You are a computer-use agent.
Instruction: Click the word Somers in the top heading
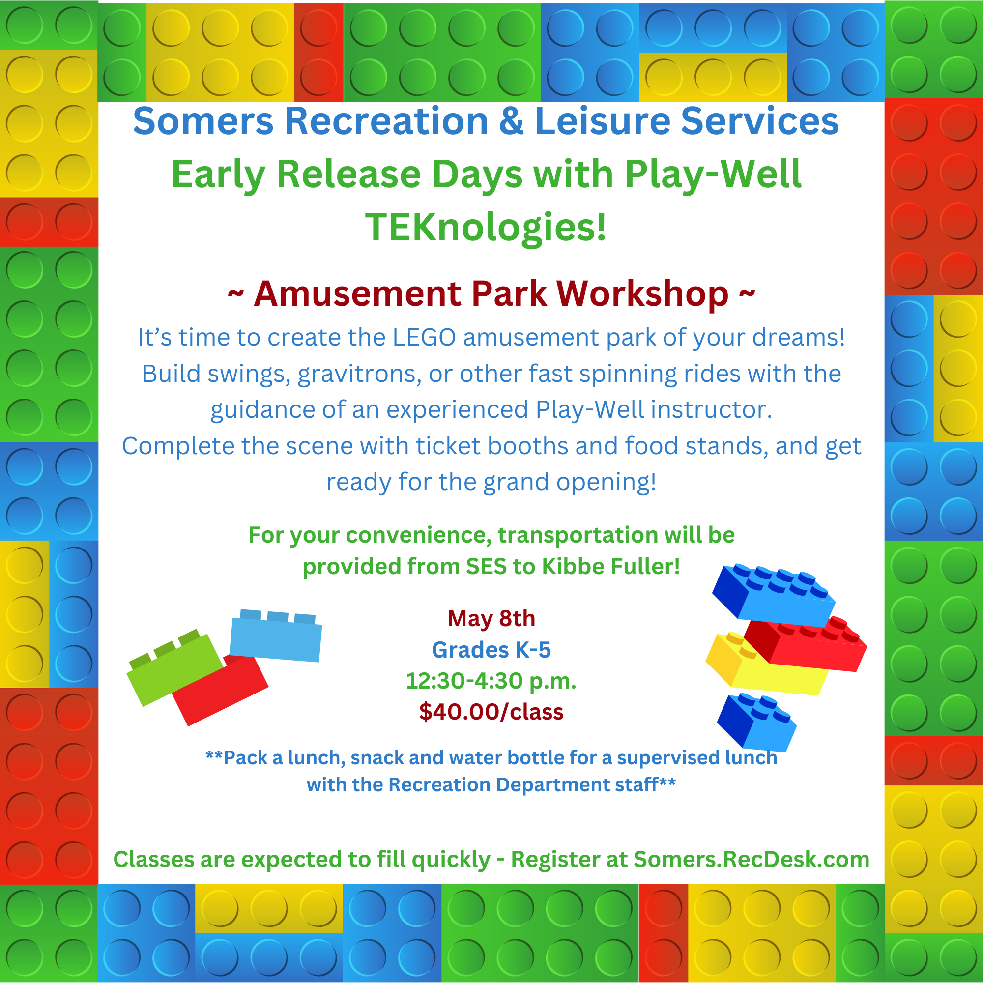pyautogui.click(x=203, y=121)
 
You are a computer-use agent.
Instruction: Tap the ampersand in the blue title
pyautogui.click(x=511, y=121)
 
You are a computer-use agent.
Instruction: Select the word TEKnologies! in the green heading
pyautogui.click(x=486, y=227)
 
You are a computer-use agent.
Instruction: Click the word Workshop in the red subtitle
pyautogui.click(x=642, y=294)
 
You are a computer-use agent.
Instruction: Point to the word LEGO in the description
pyautogui.click(x=424, y=337)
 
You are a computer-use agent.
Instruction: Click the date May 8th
pyautogui.click(x=491, y=619)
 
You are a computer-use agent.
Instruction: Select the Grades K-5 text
pyautogui.click(x=491, y=650)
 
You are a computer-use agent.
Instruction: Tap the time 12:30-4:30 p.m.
pyautogui.click(x=491, y=681)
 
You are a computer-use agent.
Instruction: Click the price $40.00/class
pyautogui.click(x=491, y=711)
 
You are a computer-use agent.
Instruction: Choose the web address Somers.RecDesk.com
pyautogui.click(x=752, y=859)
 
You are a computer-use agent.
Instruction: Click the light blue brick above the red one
pyautogui.click(x=275, y=636)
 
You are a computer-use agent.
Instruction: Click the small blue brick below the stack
pyautogui.click(x=756, y=723)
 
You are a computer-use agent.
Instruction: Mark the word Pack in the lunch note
pyautogui.click(x=246, y=758)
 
